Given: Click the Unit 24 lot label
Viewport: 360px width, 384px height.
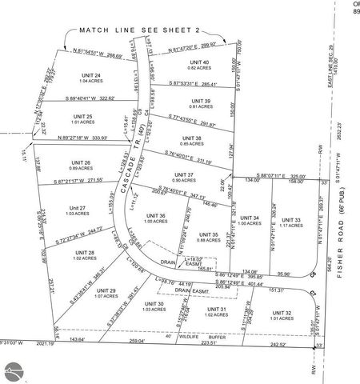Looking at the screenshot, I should tap(91, 76).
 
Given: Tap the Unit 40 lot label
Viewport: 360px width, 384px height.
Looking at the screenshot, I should tap(199, 62).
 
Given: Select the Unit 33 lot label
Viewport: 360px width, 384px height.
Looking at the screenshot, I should tap(292, 220).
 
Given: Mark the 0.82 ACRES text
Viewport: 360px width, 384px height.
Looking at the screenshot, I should tap(199, 68).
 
